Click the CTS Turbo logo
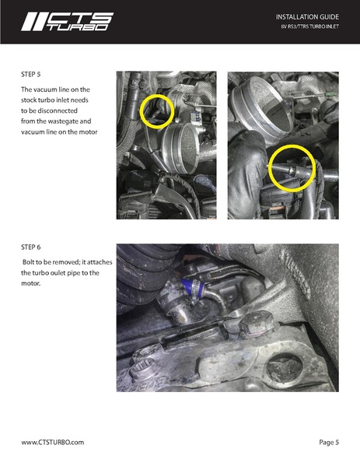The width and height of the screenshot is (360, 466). [67, 22]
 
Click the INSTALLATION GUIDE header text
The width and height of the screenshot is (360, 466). [307, 17]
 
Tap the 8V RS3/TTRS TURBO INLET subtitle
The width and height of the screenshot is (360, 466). [309, 26]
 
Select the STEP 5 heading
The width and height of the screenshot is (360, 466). [30, 75]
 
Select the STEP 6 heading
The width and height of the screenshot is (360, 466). [30, 247]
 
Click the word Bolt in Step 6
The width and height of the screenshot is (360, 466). [29, 262]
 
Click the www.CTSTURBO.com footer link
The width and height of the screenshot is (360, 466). [53, 442]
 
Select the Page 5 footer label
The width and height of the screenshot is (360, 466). [329, 442]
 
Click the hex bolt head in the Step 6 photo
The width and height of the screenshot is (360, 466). [257, 323]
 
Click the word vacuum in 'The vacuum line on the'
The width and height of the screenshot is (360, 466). [45, 89]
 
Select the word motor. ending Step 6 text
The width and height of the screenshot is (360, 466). [30, 283]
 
